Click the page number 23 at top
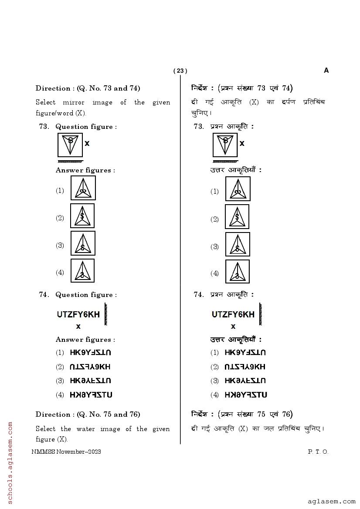(180, 71)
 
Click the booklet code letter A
(326, 71)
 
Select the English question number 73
(44, 127)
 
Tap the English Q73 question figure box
(70, 145)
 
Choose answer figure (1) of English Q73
(83, 188)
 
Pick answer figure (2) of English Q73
(82, 216)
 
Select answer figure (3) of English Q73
(83, 243)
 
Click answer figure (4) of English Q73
(83, 271)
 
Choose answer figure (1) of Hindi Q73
(238, 189)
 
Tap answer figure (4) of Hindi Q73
(238, 272)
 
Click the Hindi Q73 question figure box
(225, 145)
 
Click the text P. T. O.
(318, 452)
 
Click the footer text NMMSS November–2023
(66, 452)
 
